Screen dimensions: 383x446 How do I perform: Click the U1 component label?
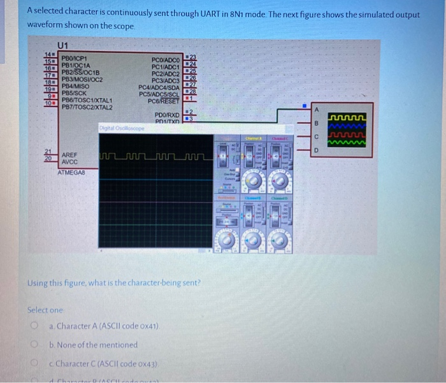63,45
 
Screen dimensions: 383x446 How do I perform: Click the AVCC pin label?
70,162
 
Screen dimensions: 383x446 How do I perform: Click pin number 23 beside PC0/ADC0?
189,57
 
